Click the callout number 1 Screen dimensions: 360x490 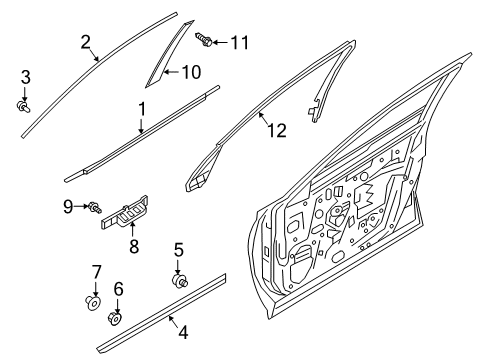142,109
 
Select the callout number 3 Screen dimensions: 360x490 25,76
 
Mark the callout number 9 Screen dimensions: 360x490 68,207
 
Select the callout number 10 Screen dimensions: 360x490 189,72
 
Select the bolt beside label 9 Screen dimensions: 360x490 92,208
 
